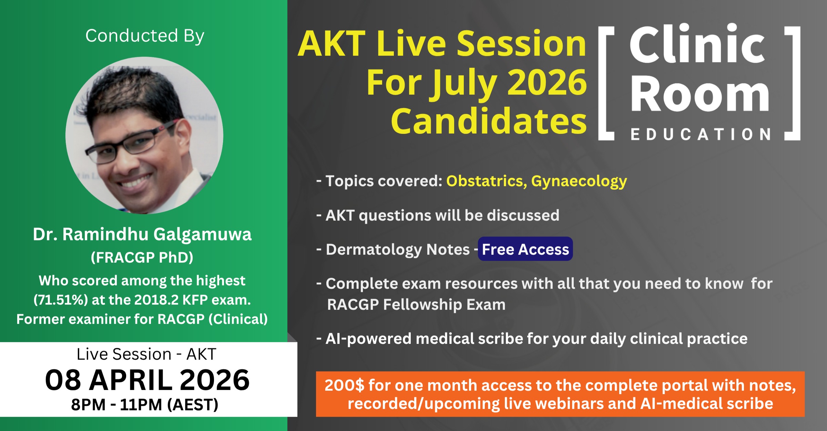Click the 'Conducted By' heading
tap(145, 36)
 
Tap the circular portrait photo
tap(144, 135)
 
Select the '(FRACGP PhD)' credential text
tap(142, 257)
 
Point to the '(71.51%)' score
tap(61, 300)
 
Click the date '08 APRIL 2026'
tap(147, 380)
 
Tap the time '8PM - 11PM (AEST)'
tap(145, 405)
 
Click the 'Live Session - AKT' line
tap(146, 354)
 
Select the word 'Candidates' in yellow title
tap(489, 121)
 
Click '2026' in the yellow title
tap(547, 83)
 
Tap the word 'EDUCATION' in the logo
tap(701, 134)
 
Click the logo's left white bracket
tap(606, 83)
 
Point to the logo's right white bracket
tap(792, 83)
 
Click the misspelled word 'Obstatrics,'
tap(487, 181)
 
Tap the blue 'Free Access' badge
tap(525, 249)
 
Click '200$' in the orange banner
tap(344, 385)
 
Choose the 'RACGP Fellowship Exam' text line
tap(416, 305)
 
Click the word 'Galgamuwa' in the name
tap(203, 235)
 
